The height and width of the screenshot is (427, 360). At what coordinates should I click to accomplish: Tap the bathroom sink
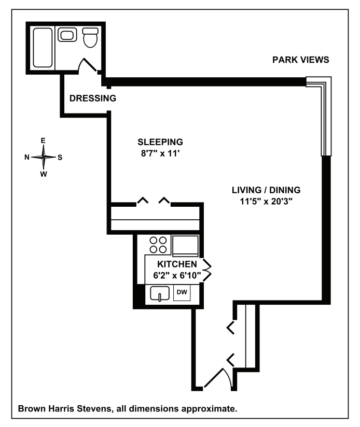pos(67,36)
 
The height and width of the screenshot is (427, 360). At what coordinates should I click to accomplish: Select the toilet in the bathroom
pos(90,37)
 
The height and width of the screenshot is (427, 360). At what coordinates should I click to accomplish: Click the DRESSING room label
pos(92,98)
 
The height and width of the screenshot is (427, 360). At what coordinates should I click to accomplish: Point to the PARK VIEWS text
pos(301,60)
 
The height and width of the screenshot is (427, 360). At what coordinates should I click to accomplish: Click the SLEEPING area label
pos(160,142)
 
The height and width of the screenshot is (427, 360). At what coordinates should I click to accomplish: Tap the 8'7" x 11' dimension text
pos(160,153)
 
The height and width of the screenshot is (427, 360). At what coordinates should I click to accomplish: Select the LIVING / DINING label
pos(266,190)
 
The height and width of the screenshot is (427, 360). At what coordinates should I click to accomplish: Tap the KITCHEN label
pos(177,264)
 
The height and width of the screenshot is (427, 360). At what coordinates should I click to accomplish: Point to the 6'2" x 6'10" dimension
pos(177,275)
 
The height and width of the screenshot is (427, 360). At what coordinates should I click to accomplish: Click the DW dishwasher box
pos(182,293)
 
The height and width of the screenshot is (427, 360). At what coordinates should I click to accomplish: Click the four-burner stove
pos(159,244)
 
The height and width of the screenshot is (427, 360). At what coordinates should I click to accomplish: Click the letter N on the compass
pos(27,157)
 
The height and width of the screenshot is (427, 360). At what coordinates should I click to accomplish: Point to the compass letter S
pos(60,157)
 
